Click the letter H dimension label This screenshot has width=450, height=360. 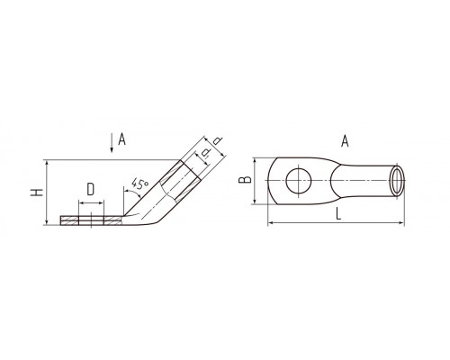click(x=37, y=193)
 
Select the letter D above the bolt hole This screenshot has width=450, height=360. click(x=91, y=189)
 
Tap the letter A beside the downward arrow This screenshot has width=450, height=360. click(x=121, y=139)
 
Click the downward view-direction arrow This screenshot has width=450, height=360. click(x=112, y=143)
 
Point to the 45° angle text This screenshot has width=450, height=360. click(x=139, y=184)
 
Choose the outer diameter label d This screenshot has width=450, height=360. click(x=219, y=141)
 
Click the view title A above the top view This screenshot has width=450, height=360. click(x=345, y=141)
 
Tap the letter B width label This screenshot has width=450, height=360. click(x=245, y=180)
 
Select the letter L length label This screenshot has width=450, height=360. click(x=338, y=214)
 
